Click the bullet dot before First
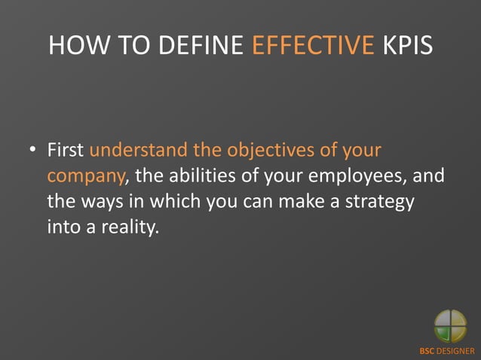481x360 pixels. [33, 151]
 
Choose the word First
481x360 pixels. [66, 150]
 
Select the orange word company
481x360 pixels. [84, 176]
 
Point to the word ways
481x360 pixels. [102, 201]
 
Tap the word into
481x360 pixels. [64, 226]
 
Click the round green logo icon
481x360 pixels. [450, 326]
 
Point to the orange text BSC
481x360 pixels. [428, 351]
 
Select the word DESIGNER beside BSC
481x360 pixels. [457, 351]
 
